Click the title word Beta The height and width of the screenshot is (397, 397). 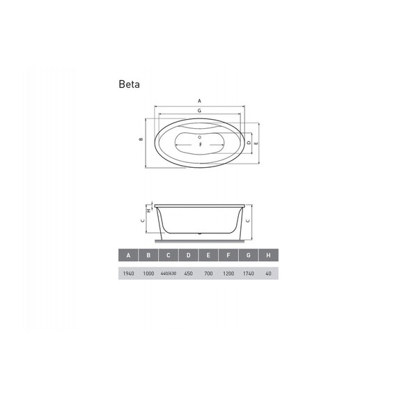click(129, 85)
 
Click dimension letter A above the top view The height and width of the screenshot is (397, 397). click(199, 102)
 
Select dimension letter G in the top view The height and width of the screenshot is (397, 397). click(199, 111)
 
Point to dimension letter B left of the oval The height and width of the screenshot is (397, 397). click(141, 139)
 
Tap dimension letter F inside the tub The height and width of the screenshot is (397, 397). click(200, 146)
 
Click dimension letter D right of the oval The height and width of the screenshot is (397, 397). click(249, 143)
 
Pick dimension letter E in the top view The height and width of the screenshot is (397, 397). click(258, 143)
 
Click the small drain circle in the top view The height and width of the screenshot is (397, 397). click(200, 137)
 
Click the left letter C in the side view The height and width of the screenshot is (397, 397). click(141, 220)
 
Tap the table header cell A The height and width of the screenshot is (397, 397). click(128, 256)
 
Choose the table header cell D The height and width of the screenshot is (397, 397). click(188, 256)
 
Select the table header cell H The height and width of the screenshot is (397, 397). click(268, 256)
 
